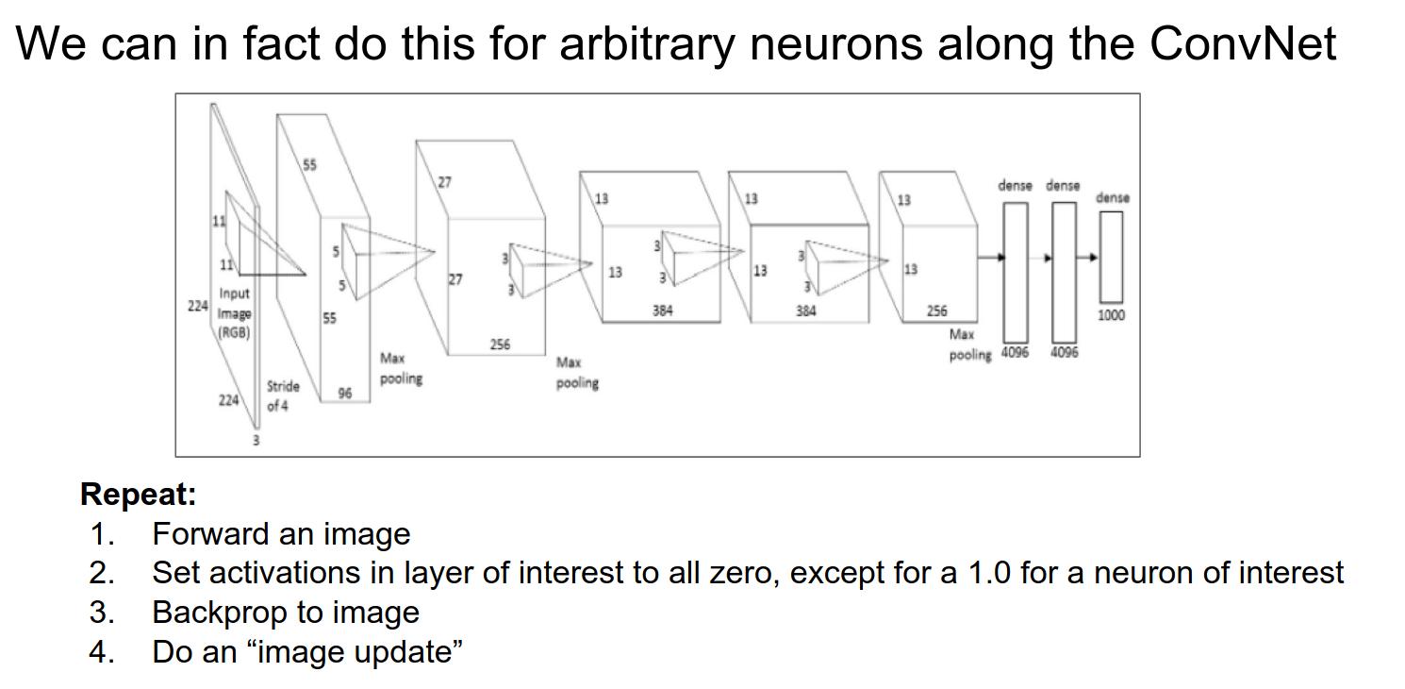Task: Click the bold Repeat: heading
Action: click(x=138, y=494)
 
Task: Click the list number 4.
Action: click(x=101, y=652)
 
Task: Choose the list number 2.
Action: click(x=101, y=573)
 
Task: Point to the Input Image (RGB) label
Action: click(x=235, y=313)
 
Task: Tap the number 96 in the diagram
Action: click(x=345, y=394)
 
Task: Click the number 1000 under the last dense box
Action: click(x=1111, y=315)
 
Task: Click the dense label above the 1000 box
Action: click(x=1112, y=198)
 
